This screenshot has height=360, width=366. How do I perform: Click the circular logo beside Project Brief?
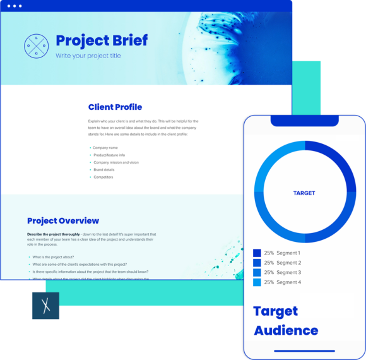(36, 46)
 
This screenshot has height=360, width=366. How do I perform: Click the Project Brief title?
(102, 40)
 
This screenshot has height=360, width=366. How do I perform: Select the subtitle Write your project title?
(88, 56)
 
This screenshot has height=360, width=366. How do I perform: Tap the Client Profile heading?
(115, 107)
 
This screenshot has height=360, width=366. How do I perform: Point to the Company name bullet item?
(105, 148)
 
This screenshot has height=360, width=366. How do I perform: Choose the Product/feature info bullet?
(109, 155)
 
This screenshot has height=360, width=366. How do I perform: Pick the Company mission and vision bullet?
(115, 162)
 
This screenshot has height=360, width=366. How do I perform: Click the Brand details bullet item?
(104, 170)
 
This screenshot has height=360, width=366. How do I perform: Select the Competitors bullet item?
(103, 177)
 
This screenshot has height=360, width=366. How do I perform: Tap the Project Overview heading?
(63, 221)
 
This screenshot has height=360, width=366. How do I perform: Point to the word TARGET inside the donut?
(304, 193)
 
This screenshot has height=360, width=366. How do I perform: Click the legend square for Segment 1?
(257, 253)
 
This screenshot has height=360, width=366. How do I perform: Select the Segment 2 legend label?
(288, 263)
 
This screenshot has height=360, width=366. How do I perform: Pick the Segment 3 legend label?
(288, 272)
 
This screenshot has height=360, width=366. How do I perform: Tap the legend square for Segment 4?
(257, 282)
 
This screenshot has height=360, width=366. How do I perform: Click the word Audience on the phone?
(286, 330)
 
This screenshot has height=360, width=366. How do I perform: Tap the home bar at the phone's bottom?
(304, 351)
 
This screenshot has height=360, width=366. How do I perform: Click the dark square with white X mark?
(45, 308)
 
